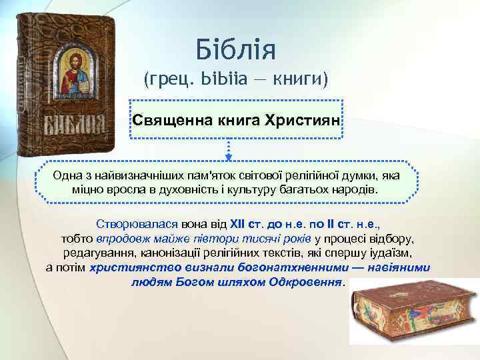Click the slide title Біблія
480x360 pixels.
point(236,48)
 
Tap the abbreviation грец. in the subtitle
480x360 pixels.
point(165,81)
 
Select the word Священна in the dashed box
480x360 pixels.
point(165,121)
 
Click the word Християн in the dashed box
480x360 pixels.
point(303,121)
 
